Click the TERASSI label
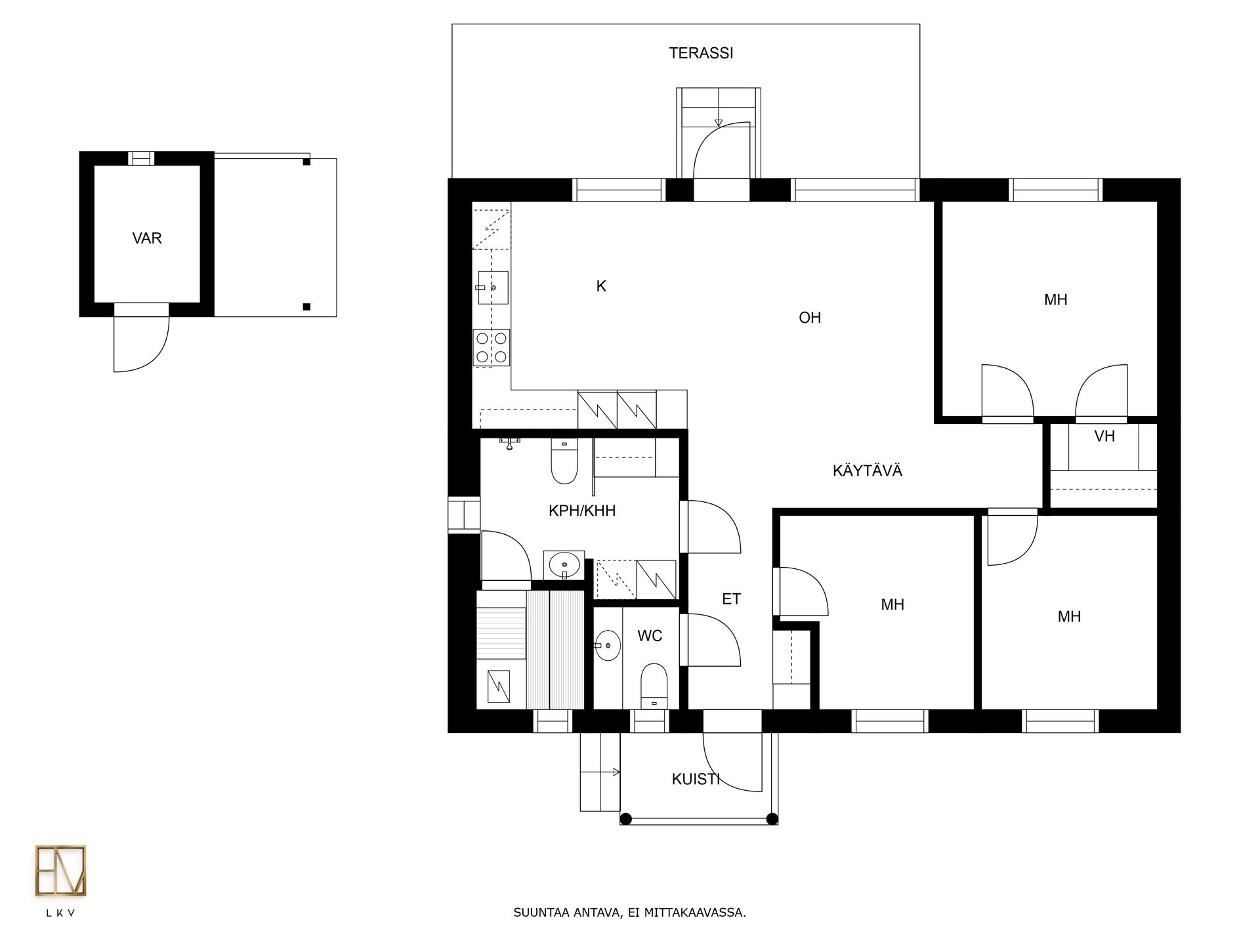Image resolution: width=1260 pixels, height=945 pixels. (x=701, y=53)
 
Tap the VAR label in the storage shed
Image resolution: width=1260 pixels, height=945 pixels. (x=147, y=238)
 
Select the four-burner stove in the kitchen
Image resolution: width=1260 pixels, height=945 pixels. (x=492, y=348)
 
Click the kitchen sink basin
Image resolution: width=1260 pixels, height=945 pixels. (x=493, y=287)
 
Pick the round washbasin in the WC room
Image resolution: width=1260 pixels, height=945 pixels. (x=608, y=645)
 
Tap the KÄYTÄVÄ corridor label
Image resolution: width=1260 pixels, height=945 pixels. (x=868, y=471)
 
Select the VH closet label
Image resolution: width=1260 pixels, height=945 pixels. (x=1104, y=436)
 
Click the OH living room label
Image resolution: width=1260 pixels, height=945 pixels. (x=810, y=318)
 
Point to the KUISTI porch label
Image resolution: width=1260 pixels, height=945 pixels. (x=696, y=780)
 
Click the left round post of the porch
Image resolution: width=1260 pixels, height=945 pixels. (x=626, y=819)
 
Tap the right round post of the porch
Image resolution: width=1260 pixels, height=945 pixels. (x=772, y=819)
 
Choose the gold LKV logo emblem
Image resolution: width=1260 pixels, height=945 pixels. (x=60, y=871)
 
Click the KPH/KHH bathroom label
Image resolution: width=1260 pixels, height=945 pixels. (x=582, y=511)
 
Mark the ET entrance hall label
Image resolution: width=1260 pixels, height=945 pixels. (x=731, y=599)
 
